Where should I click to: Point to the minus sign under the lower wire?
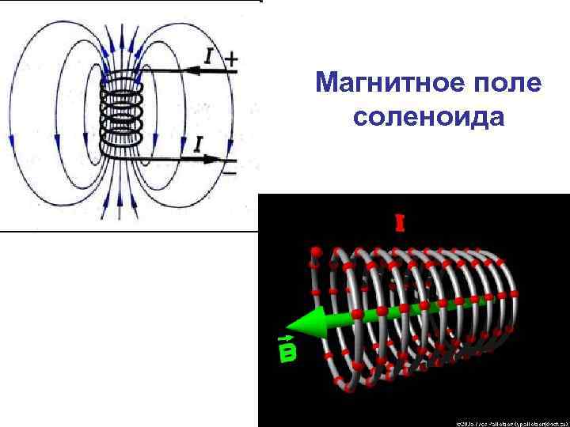pyautogui.click(x=230, y=170)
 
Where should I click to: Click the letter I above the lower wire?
pyautogui.click(x=198, y=144)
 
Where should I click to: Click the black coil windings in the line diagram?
pyautogui.click(x=120, y=115)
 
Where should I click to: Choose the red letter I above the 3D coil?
pyautogui.click(x=400, y=224)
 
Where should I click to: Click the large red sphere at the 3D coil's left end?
pyautogui.click(x=316, y=252)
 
